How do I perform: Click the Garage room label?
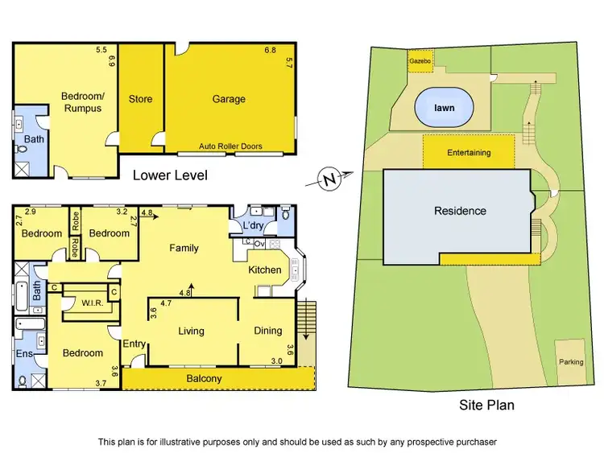(x=229, y=99)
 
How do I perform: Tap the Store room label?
(x=141, y=99)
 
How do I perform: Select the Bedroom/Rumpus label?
(x=81, y=101)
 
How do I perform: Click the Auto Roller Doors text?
(x=230, y=146)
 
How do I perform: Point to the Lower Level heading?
(x=170, y=175)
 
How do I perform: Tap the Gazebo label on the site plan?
(x=419, y=61)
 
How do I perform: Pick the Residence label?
(x=460, y=211)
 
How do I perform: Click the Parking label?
(x=571, y=362)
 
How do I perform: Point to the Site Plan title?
(x=486, y=405)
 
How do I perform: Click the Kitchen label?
(x=265, y=270)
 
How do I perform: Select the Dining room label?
(x=268, y=331)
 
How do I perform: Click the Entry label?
(x=134, y=344)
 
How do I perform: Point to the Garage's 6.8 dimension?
(x=270, y=50)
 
